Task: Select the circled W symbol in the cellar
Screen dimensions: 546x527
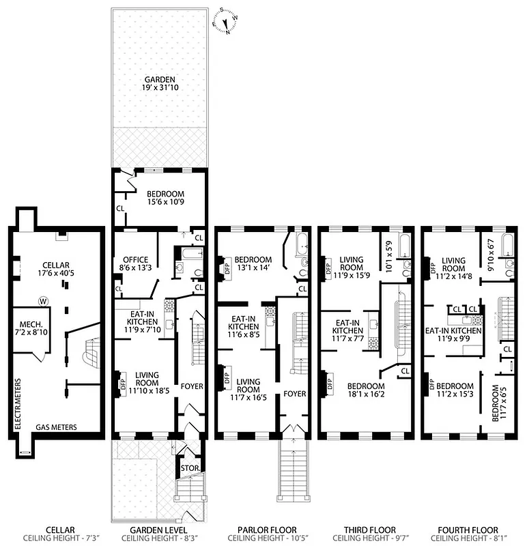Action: [44, 300]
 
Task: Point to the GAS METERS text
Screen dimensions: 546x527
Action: [57, 428]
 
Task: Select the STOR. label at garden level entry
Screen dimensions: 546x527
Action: [188, 468]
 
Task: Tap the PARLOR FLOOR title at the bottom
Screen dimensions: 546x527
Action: [267, 530]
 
